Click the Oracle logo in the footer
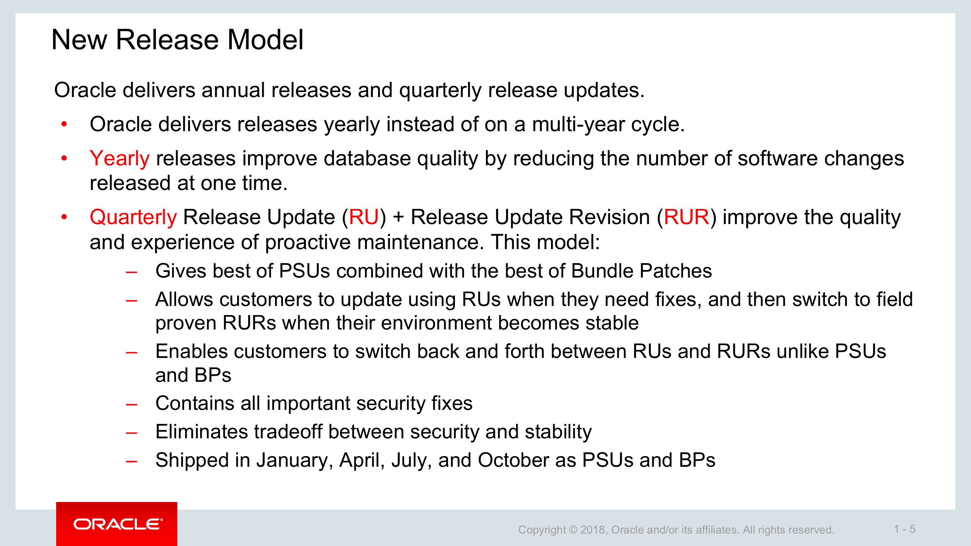click(x=118, y=524)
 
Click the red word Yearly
click(x=120, y=158)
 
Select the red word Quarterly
click(x=133, y=217)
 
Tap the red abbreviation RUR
click(x=686, y=217)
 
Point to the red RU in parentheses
click(x=364, y=217)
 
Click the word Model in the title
click(x=265, y=39)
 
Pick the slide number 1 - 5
click(x=905, y=529)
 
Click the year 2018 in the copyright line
click(x=594, y=530)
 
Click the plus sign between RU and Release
click(x=398, y=218)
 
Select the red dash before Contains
click(x=131, y=405)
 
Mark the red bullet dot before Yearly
click(x=64, y=158)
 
